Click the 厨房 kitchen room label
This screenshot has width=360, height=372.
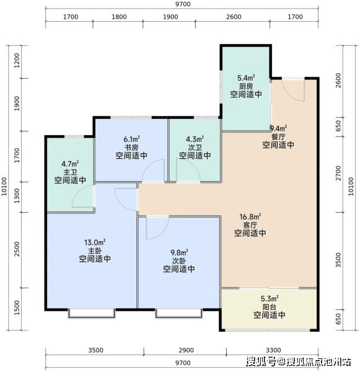point(246,86)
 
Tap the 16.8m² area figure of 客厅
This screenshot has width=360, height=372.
point(250,217)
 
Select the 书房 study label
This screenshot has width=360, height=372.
point(131,148)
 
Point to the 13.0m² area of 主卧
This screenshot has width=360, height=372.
point(95,242)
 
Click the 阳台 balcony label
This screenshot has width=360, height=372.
point(270,307)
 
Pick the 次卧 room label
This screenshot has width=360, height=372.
point(179,261)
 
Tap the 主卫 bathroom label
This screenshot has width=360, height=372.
point(70,172)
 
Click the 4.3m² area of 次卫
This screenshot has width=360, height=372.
point(195,139)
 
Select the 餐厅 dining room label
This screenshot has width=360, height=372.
point(278,136)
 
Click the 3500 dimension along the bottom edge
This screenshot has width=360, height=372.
point(95,350)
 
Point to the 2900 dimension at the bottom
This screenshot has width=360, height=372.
point(186,350)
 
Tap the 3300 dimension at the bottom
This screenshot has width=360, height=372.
point(273,350)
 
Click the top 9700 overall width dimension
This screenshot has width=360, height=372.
point(183,4)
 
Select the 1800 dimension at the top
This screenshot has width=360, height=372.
point(119,17)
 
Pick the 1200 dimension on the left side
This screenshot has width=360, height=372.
point(17,60)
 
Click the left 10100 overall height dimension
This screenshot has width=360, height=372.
point(4,187)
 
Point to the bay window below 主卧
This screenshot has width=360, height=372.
point(92,313)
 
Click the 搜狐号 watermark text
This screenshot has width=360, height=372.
point(261,361)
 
